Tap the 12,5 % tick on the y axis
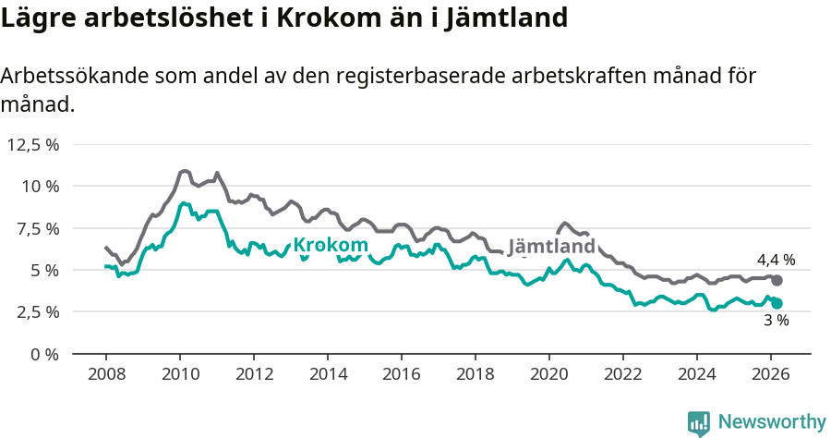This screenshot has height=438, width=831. [33, 144]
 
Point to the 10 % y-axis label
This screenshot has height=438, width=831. [40, 186]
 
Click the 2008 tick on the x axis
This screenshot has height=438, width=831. [106, 374]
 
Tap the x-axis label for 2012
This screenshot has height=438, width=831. [254, 374]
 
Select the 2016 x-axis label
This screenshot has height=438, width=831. [402, 374]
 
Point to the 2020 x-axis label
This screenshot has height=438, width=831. [549, 374]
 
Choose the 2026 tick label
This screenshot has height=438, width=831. [771, 374]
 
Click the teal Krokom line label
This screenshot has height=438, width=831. [331, 245]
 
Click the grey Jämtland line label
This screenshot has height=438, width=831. [551, 248]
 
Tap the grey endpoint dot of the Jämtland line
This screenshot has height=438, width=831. [777, 280]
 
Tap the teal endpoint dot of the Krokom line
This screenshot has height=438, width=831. [777, 303]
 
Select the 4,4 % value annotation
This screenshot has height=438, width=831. [776, 261]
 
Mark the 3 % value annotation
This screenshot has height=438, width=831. [776, 321]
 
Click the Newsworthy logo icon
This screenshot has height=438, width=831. [699, 422]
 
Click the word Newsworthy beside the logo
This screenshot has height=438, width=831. [772, 422]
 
